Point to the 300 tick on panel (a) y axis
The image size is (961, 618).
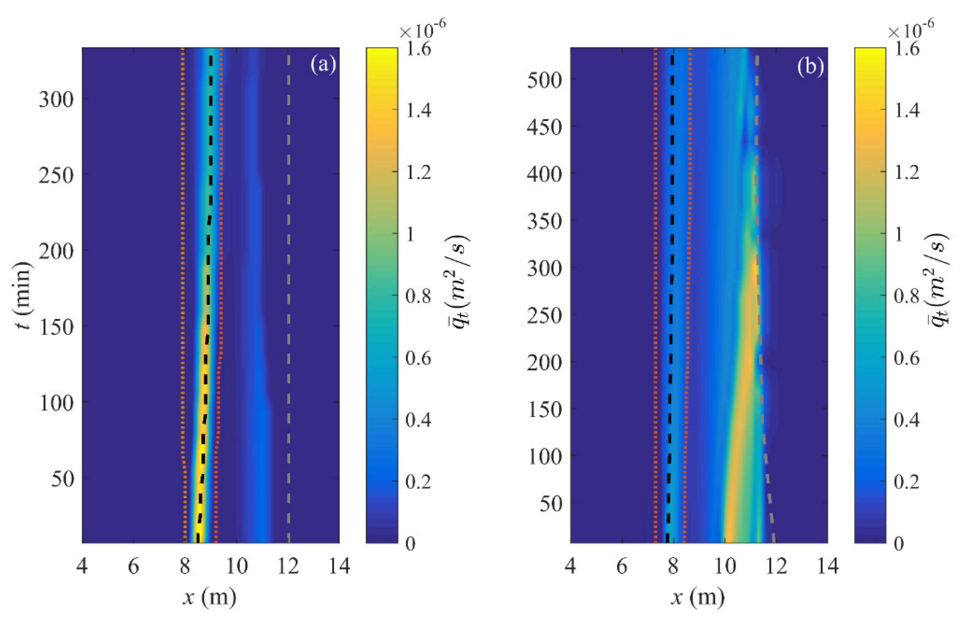click(56, 99)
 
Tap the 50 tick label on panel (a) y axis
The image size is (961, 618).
click(63, 478)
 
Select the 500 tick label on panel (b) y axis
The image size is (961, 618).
click(544, 80)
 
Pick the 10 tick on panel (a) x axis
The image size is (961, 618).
click(236, 566)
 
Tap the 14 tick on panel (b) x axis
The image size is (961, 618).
click(827, 566)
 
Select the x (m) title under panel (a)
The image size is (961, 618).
click(210, 597)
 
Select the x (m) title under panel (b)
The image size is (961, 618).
click(698, 597)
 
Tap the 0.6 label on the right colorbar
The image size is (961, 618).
click(906, 358)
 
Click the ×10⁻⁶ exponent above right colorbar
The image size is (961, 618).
click(910, 30)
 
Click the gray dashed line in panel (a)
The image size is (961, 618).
click(289, 281)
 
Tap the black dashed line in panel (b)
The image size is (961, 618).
click(671, 281)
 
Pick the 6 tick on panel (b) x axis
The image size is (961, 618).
click(621, 566)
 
